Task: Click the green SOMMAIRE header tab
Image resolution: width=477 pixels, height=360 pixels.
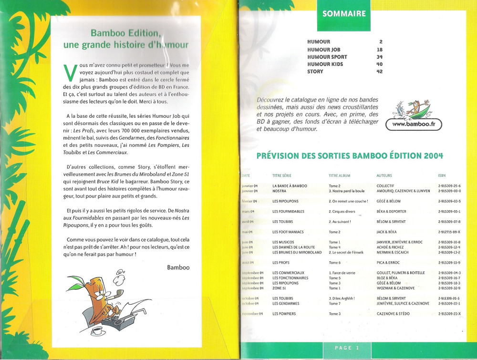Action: point(344,14)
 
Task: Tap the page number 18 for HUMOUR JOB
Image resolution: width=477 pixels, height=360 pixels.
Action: point(380,50)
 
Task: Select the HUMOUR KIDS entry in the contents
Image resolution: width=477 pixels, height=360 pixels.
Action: point(325,64)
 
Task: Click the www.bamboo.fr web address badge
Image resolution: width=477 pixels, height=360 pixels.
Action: point(414,125)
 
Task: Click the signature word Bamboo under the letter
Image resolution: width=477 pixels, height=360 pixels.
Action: point(178,267)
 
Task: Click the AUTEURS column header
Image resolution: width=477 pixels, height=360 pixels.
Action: point(384,176)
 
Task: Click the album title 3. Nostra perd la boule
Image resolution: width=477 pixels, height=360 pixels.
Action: point(349,191)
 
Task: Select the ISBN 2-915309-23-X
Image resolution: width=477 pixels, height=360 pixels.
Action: point(449,314)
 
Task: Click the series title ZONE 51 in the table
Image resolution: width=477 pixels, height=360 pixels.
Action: point(281,288)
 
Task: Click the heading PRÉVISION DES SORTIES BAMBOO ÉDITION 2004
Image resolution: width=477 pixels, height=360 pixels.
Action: point(350,156)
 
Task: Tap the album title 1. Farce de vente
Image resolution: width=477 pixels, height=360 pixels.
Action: point(342,273)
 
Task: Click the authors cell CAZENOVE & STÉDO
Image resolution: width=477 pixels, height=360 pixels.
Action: point(393,314)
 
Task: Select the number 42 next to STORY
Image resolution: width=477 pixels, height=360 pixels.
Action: point(380,72)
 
